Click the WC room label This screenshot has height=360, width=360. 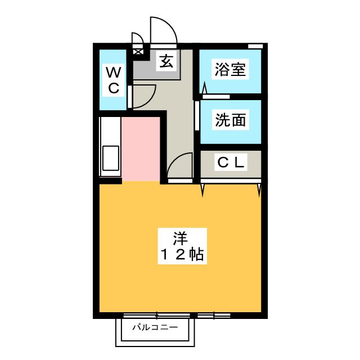[x=112, y=80]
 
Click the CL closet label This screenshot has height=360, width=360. [x=231, y=163]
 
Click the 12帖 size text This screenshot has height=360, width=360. [x=180, y=254]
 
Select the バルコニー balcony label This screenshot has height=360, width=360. [x=155, y=327]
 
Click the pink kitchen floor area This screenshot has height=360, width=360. [x=141, y=149]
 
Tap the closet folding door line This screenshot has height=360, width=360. [x=231, y=181]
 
